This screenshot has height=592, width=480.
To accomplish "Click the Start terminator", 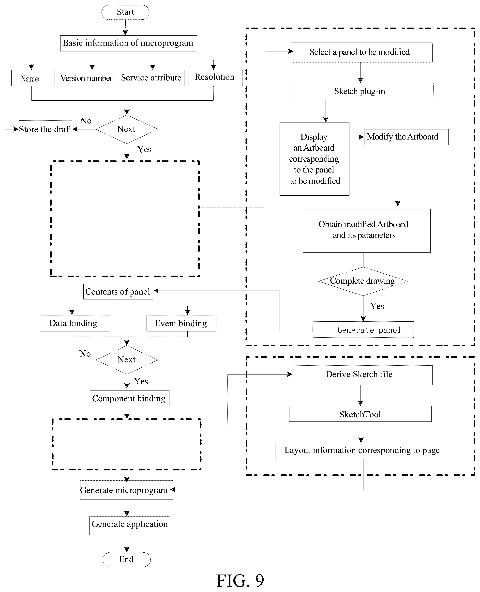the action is coord(125,12).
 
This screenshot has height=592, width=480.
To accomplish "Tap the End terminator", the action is coord(127,559).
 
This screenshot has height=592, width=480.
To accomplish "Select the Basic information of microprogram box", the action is coord(129,43).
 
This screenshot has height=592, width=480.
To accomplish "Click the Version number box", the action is coord(87,78).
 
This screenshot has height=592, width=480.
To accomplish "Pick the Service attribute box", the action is coord(151,78).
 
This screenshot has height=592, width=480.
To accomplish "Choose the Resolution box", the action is coord(215,78).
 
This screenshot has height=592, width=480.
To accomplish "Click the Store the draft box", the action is coord(45,129).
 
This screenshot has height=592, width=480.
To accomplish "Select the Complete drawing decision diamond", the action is coord(363,281).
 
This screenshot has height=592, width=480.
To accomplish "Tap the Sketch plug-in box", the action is coord(362,91).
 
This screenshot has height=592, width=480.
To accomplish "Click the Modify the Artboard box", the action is coord(406,137).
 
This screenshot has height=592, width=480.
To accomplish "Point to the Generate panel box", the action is coord(363,329).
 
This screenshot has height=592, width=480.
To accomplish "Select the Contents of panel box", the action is coord(118,292).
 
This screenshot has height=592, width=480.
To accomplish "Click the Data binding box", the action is coord(75,323).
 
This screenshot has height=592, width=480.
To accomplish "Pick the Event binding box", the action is coord(181,323).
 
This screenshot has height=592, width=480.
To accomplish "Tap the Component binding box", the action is coord(129,398).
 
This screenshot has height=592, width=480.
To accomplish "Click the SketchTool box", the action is coord(360,414).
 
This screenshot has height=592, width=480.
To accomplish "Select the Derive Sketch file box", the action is coord(362,375).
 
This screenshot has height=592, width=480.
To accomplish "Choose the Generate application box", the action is coord(130,525).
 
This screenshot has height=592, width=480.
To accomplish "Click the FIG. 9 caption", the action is coord(240,580).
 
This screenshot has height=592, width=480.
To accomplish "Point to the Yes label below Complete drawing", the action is coord(377,306).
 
